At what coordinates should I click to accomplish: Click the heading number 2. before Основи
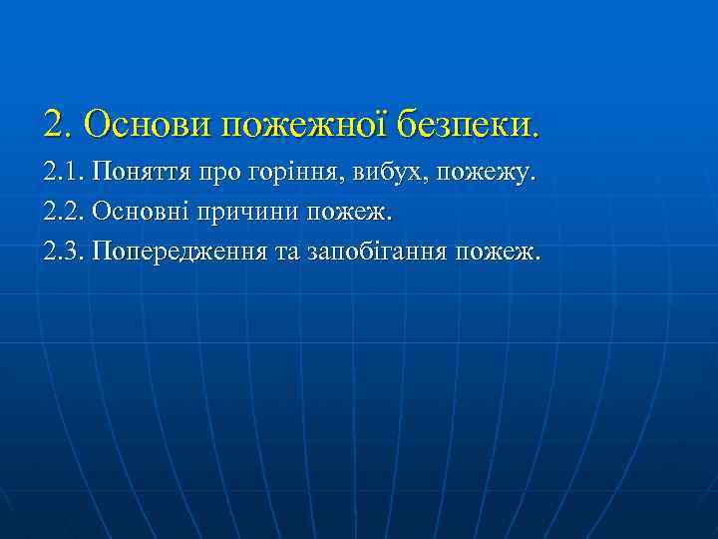(58, 125)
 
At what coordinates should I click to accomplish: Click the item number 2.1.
(63, 176)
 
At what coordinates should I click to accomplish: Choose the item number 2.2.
(63, 213)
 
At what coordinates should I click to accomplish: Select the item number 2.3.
(63, 250)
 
